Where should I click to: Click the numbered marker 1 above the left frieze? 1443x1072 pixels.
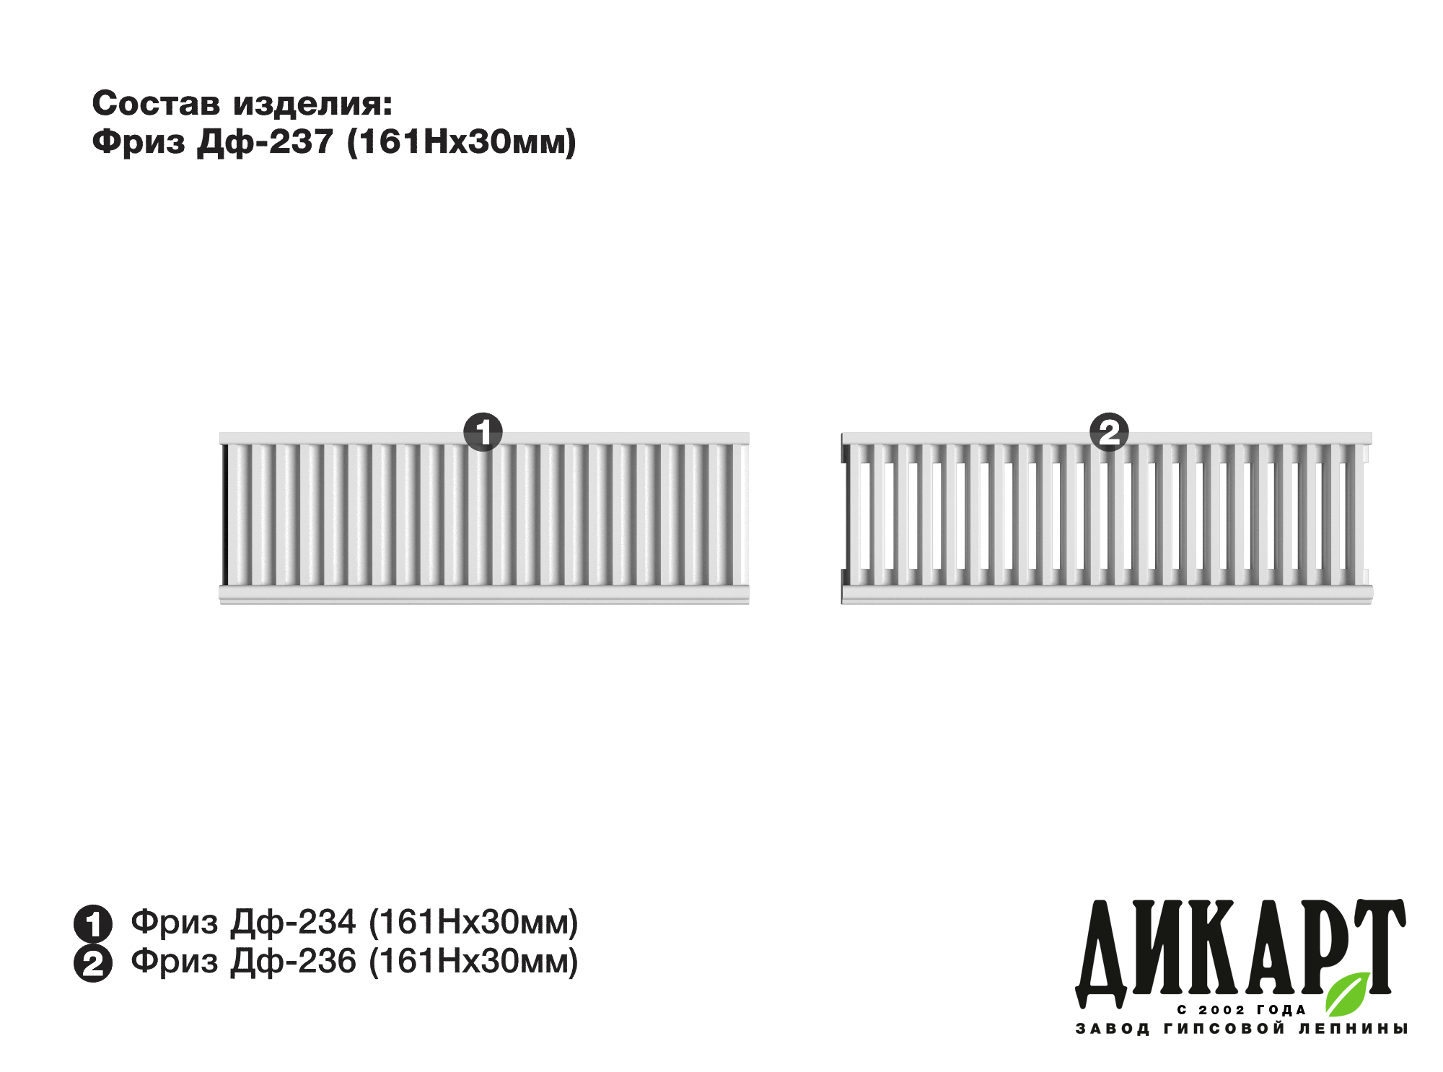coord(483,432)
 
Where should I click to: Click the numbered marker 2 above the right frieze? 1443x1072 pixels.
coord(1109,432)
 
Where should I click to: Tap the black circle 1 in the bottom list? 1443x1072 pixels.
coord(93,923)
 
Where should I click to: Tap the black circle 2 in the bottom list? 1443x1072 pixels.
coord(93,963)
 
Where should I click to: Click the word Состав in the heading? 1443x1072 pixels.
coord(156,104)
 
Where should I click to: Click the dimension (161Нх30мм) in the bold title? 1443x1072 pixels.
coord(462,142)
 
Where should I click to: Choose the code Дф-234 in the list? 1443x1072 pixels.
coord(294,922)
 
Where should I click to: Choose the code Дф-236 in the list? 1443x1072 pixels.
coord(294,961)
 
